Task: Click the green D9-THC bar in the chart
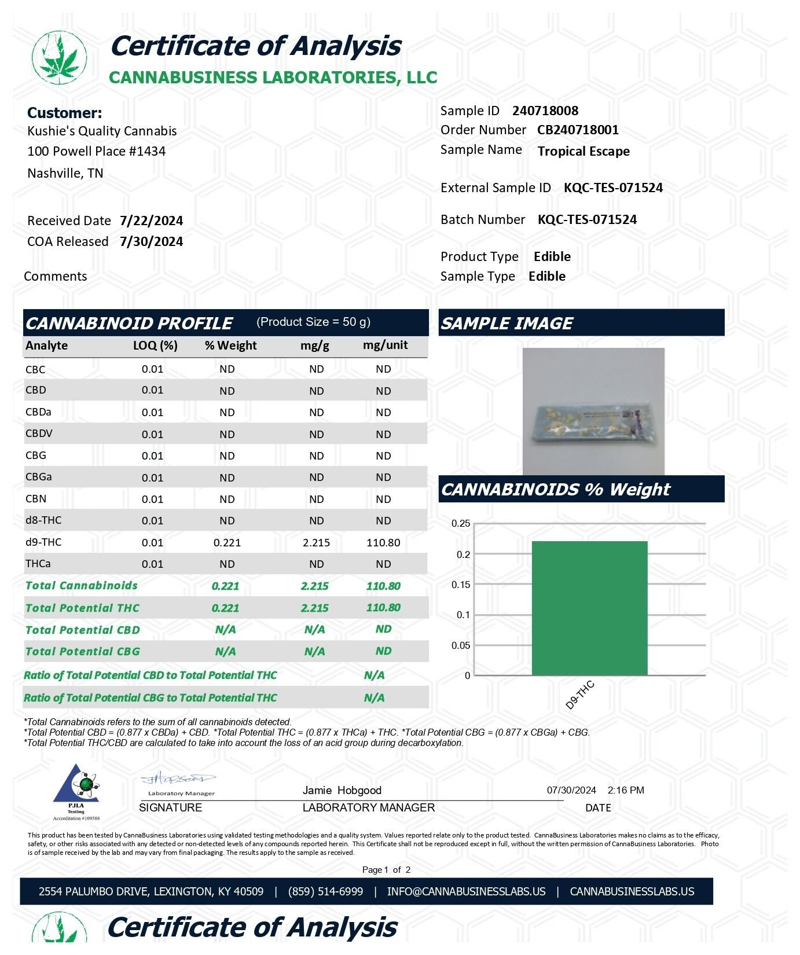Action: click(589, 608)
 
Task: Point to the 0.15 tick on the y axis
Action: click(461, 585)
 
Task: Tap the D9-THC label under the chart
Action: click(580, 695)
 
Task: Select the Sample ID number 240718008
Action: click(545, 111)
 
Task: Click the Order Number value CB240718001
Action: click(578, 130)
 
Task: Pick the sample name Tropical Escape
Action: click(584, 151)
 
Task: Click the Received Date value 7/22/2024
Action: click(151, 221)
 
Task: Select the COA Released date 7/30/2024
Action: click(151, 241)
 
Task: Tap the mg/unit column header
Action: click(385, 345)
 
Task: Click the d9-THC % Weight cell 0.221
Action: click(227, 542)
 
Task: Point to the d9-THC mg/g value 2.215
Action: click(316, 542)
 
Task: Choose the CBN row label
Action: click(36, 498)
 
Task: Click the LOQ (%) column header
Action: click(155, 346)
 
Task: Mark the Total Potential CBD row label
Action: click(83, 630)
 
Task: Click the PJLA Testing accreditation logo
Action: click(76, 790)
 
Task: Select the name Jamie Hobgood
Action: click(342, 790)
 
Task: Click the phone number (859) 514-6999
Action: click(325, 891)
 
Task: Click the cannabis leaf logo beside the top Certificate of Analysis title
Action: click(60, 57)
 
